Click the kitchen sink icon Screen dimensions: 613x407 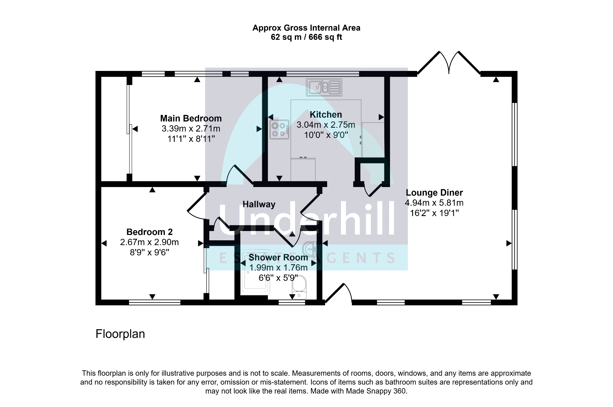click(x=324, y=87)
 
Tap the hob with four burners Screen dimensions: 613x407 click(x=279, y=130)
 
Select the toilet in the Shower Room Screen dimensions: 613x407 click(x=299, y=288)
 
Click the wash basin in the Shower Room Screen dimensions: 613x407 click(x=309, y=249)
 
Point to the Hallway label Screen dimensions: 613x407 click(x=259, y=204)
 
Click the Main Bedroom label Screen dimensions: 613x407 click(x=191, y=119)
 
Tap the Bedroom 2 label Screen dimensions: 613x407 click(x=149, y=232)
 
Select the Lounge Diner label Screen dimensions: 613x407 click(x=434, y=192)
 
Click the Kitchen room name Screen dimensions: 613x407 click(x=326, y=115)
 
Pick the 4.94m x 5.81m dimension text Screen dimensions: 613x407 click(x=434, y=203)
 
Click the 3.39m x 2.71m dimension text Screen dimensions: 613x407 click(x=191, y=129)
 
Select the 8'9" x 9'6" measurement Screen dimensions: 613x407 click(x=149, y=253)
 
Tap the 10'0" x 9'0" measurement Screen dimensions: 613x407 click(x=326, y=135)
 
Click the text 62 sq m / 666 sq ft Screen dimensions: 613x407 click(x=306, y=37)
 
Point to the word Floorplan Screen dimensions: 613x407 click(x=120, y=334)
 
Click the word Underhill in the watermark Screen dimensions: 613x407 click(x=306, y=219)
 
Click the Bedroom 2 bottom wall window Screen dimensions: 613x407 click(x=155, y=302)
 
